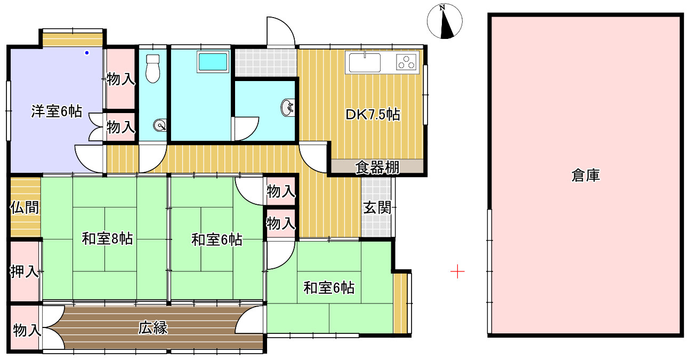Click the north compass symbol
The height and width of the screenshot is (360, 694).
(x=445, y=22)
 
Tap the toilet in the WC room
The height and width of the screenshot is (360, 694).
(x=153, y=68)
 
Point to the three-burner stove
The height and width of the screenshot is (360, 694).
(x=407, y=62)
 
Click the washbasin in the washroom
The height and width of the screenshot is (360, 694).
(x=287, y=107)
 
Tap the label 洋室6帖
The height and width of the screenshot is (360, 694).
(x=57, y=111)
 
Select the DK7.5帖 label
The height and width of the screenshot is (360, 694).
(x=373, y=114)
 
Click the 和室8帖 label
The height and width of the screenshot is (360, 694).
(x=107, y=239)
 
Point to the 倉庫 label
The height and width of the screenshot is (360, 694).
(x=586, y=175)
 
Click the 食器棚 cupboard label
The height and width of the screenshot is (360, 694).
(x=377, y=168)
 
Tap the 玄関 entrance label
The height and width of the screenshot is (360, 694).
(x=377, y=207)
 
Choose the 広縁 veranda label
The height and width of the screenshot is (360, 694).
(x=154, y=328)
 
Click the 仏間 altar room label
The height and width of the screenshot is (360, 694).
(x=25, y=207)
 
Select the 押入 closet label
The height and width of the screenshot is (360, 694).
(x=25, y=272)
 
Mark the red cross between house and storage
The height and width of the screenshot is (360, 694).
(x=457, y=272)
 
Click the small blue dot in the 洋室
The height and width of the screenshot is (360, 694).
(x=86, y=53)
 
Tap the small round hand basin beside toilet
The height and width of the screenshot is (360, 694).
(x=159, y=126)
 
